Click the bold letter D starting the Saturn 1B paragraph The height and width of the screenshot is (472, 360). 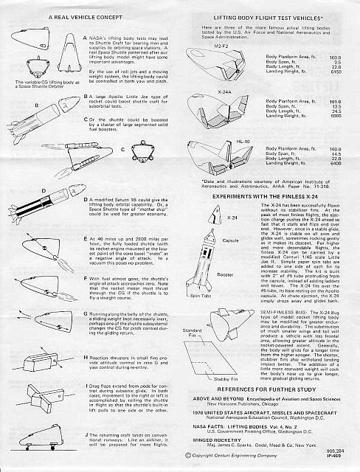(86, 198)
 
